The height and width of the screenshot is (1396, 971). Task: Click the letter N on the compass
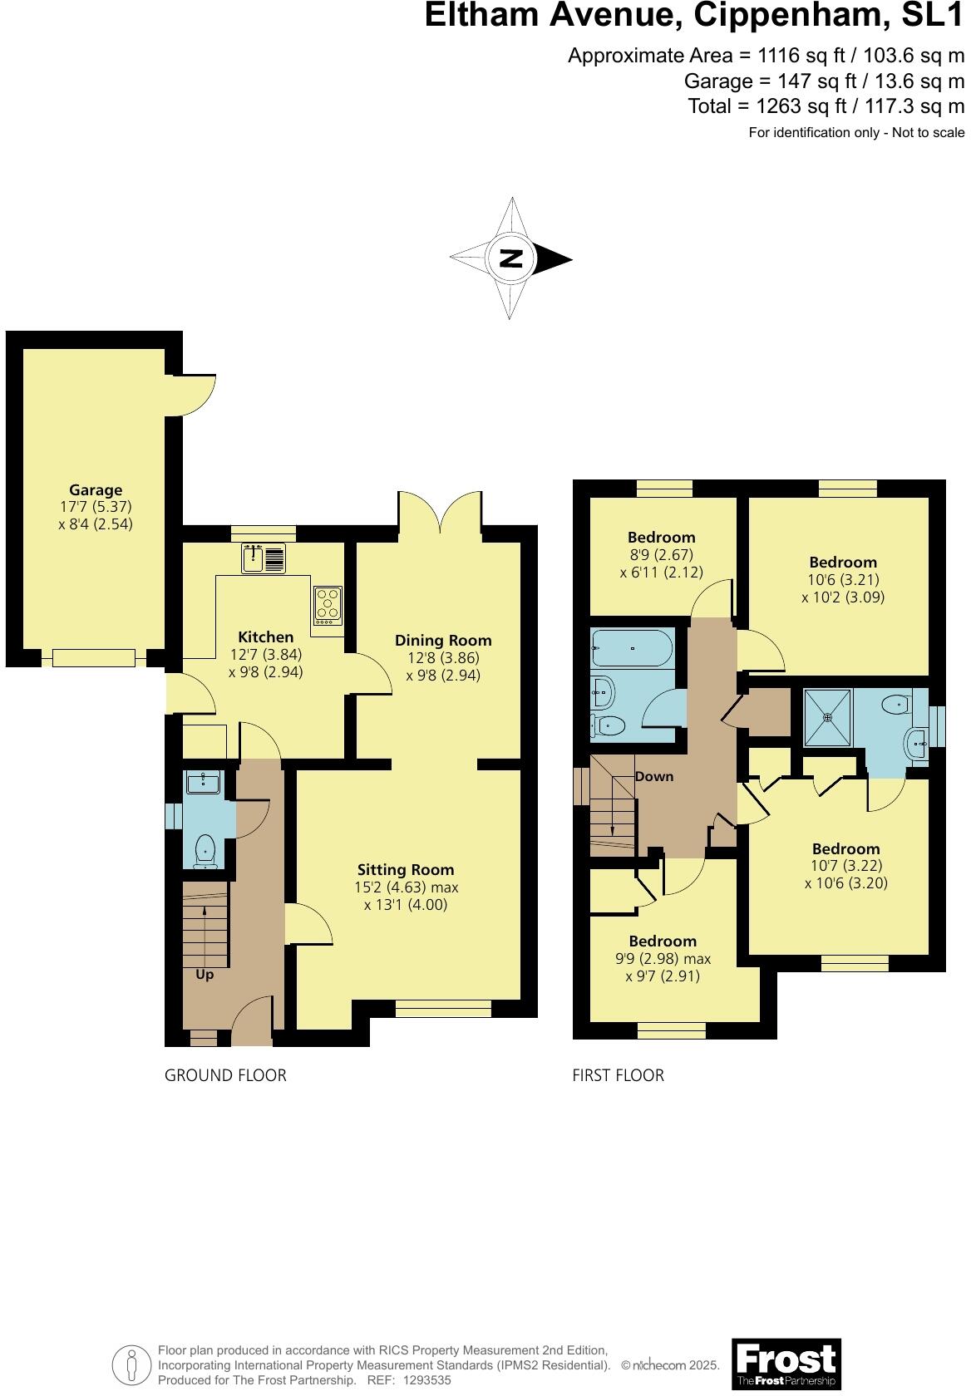pos(511,258)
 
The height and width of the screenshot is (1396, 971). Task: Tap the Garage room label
pos(96,490)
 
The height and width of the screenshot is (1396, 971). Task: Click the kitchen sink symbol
pos(263,558)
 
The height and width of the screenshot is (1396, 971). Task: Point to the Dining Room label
pos(443,641)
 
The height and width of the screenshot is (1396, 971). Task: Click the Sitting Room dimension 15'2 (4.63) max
pos(406,887)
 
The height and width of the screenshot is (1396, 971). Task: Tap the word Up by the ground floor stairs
pos(205,975)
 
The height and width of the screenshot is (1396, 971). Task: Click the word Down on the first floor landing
pos(654,777)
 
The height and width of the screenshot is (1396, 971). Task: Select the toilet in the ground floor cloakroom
pos(205,852)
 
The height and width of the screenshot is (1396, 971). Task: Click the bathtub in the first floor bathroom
pos(632,649)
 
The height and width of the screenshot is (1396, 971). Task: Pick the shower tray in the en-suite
pos(828,717)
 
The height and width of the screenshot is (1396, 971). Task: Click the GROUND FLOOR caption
pos(225,1075)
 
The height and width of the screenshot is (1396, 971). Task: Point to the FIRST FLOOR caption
pos(618,1075)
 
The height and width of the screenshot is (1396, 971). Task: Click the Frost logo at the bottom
pos(786,1363)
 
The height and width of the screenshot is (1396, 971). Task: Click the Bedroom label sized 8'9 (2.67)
pos(662,538)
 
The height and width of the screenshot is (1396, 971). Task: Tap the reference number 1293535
pos(426,1380)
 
